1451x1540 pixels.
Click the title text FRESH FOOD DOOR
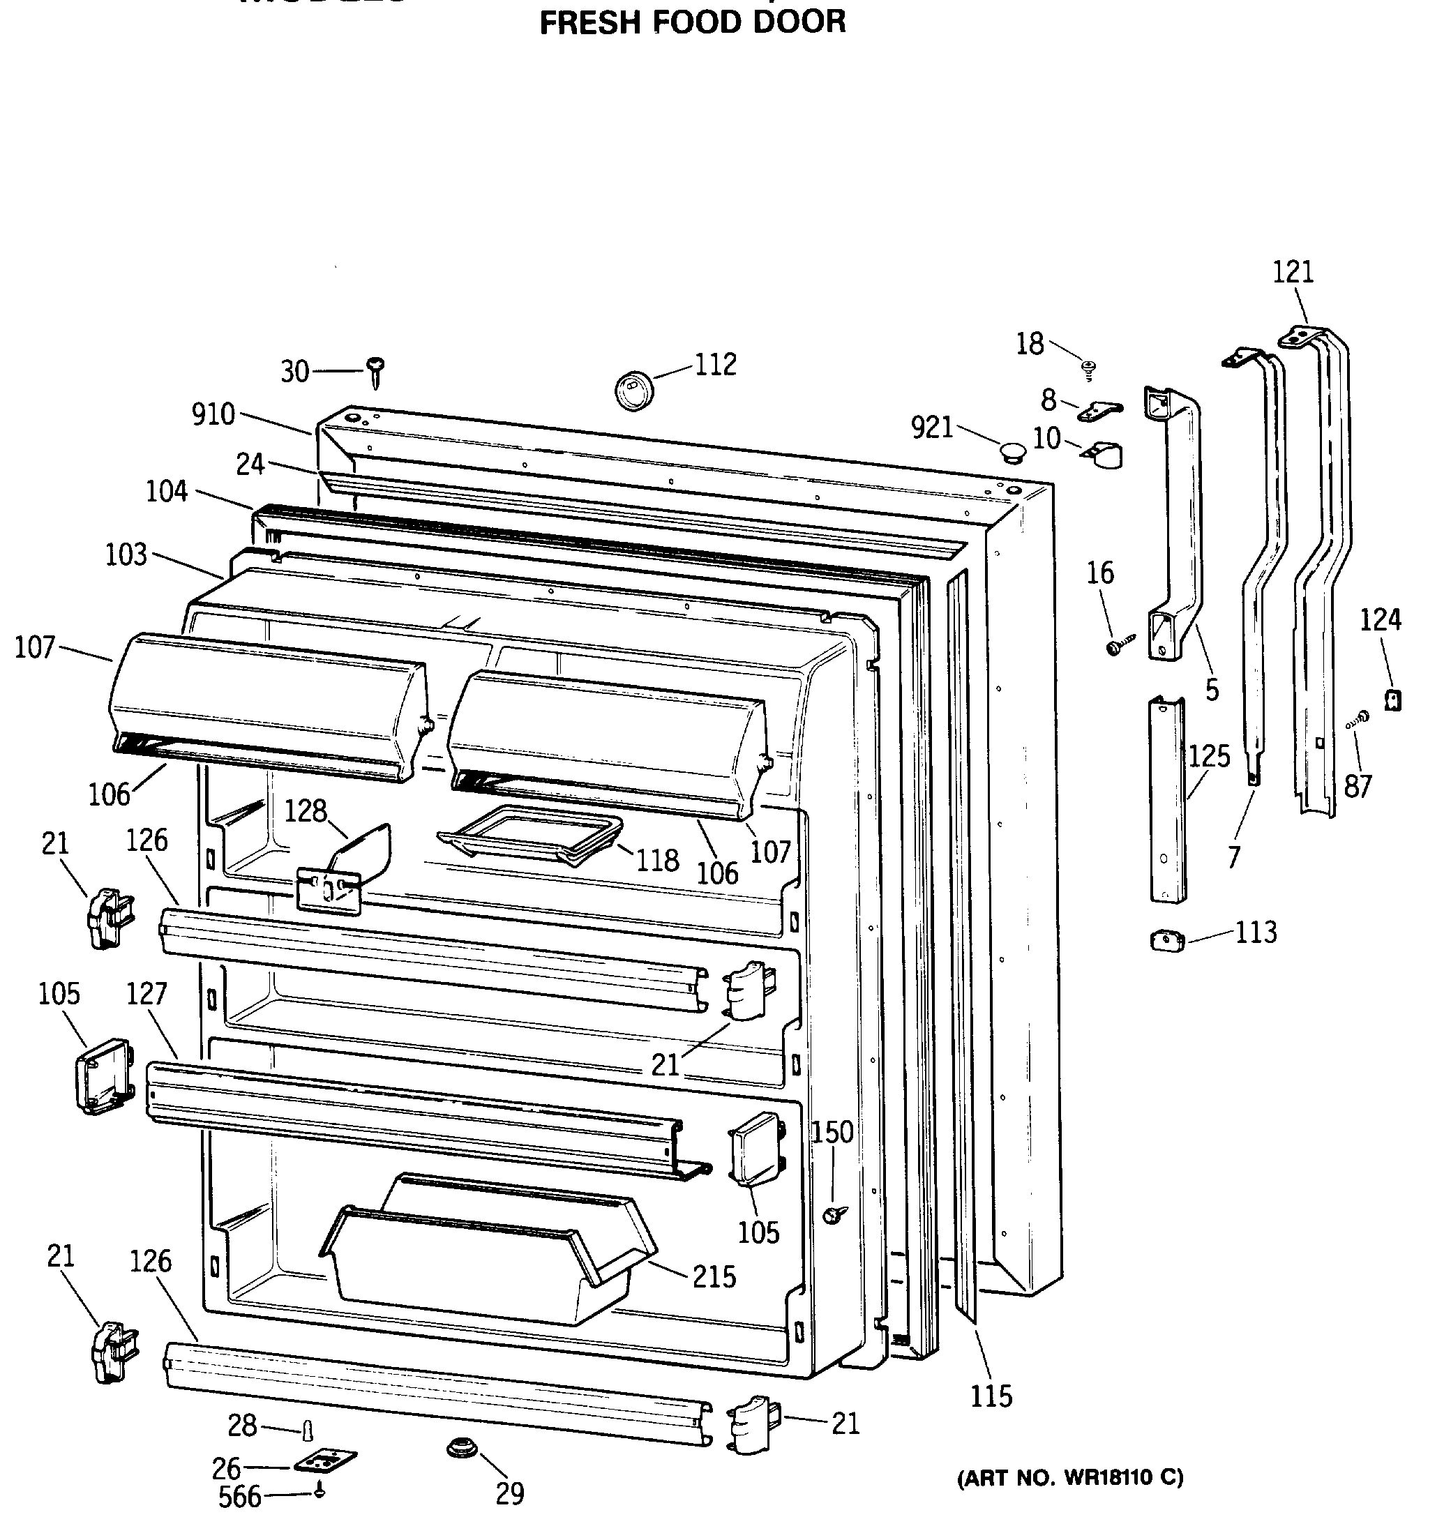click(x=692, y=22)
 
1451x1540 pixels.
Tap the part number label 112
click(x=715, y=364)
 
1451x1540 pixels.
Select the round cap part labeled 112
click(x=633, y=390)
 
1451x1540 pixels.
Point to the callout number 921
click(x=932, y=427)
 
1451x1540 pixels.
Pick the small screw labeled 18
click(x=1089, y=369)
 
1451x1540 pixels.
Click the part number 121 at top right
click(x=1293, y=272)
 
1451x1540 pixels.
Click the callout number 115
click(x=991, y=1396)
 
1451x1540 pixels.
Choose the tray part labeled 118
click(x=531, y=835)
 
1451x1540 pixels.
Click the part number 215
click(x=714, y=1276)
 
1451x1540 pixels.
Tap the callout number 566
click(x=239, y=1497)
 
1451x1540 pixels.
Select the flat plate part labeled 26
click(x=325, y=1461)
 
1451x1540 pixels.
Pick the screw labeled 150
click(x=835, y=1214)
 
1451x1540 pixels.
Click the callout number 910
click(x=213, y=414)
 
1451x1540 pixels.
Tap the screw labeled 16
click(x=1120, y=644)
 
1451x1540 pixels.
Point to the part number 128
click(x=306, y=810)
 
